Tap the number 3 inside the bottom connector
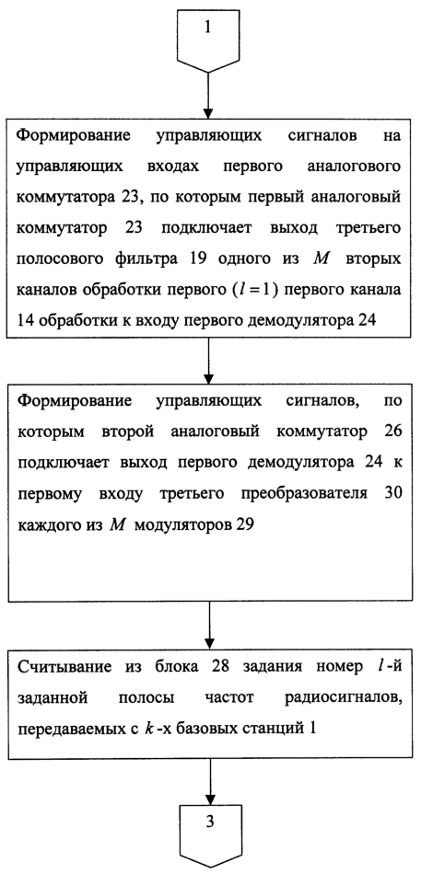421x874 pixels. [x=210, y=822]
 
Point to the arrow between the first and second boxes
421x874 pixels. [x=207, y=359]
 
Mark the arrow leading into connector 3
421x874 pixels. [x=210, y=779]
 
